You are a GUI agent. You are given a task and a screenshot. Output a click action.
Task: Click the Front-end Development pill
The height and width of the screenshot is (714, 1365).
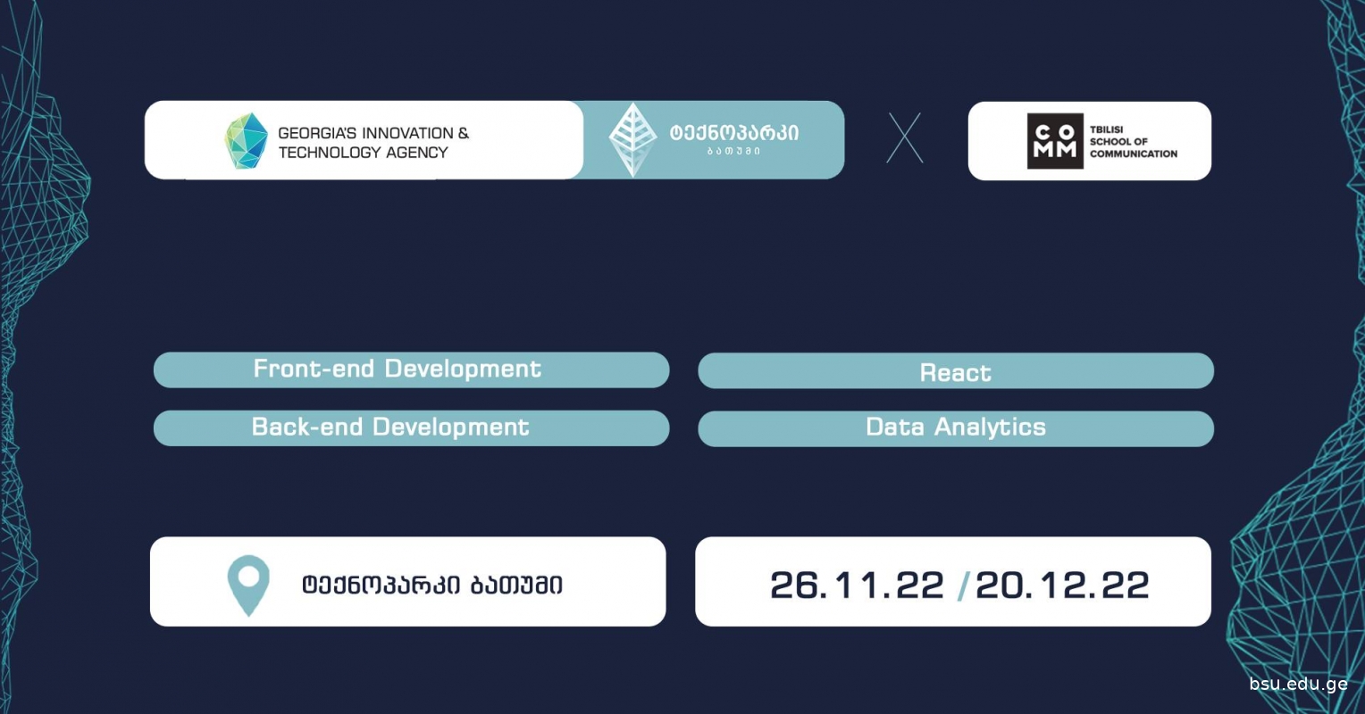tap(411, 369)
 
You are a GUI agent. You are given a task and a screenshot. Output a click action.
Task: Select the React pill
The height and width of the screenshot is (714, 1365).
tap(956, 370)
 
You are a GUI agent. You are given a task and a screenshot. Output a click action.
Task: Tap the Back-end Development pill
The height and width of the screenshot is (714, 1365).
tap(411, 428)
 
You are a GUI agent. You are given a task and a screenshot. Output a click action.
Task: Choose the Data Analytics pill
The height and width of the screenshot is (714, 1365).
tap(956, 428)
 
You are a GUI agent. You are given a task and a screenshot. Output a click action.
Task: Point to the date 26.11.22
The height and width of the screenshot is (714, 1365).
tap(857, 585)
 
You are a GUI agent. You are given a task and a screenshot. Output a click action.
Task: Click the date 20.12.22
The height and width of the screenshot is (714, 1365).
tap(1062, 585)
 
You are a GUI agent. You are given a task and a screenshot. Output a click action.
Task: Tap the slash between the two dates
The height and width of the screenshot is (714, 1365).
tap(963, 585)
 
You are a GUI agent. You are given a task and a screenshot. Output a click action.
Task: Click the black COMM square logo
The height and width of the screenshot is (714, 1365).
tap(1055, 141)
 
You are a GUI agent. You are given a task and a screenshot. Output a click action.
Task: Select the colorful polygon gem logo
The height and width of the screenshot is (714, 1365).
tap(246, 141)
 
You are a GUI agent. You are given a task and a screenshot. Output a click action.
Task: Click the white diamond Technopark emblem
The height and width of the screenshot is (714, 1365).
tap(633, 139)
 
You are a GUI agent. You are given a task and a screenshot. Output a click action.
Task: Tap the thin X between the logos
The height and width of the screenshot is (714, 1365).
tap(905, 137)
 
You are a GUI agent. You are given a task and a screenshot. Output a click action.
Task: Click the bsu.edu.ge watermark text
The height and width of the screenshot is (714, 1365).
tap(1298, 685)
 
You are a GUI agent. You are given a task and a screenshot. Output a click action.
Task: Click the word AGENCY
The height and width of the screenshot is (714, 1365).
tap(417, 153)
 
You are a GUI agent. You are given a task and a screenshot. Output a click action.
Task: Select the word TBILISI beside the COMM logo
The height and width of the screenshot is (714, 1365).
tap(1106, 129)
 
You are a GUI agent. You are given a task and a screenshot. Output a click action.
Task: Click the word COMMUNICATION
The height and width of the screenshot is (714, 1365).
tap(1134, 154)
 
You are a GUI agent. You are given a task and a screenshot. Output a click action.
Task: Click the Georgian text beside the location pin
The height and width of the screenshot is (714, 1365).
tap(432, 585)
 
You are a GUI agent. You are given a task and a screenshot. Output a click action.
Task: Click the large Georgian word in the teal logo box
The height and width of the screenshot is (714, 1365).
tap(733, 133)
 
